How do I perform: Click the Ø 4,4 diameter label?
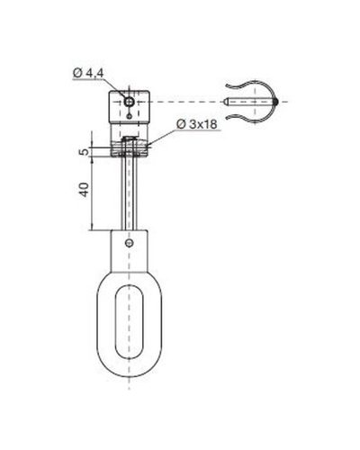tap(88, 73)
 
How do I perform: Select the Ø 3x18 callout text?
tap(197, 124)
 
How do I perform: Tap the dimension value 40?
tap(84, 190)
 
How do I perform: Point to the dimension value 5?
tap(85, 151)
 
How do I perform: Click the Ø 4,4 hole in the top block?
tap(129, 102)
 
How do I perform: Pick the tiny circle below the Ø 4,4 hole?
tap(129, 115)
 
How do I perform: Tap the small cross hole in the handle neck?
tap(130, 243)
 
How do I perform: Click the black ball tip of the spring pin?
tap(275, 102)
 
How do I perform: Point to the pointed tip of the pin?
tap(225, 102)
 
